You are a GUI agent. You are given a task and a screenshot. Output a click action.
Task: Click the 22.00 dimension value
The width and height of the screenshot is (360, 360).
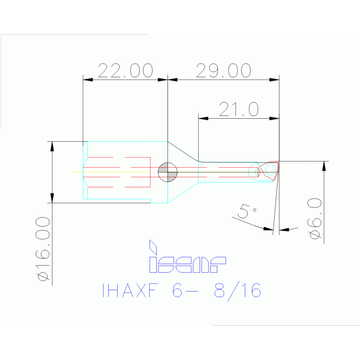point(125,70)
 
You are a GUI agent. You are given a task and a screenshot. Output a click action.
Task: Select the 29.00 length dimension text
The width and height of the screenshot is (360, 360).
point(223,70)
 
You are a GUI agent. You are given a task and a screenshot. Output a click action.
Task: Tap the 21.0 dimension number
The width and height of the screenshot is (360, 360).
point(239,109)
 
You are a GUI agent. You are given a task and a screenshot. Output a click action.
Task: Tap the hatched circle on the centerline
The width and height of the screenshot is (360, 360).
point(168,172)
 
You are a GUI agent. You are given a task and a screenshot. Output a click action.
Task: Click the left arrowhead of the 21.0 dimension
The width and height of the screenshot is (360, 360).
point(203,118)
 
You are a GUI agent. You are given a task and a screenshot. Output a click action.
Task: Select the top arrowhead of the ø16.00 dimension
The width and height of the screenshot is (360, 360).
point(52,146)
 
